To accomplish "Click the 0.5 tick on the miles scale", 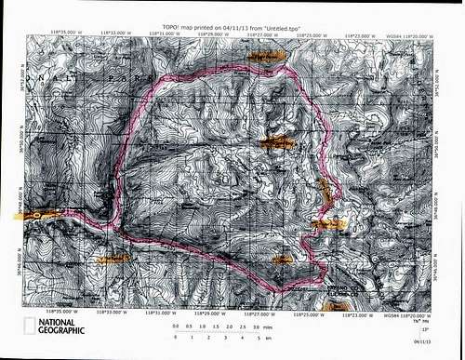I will tap(190, 327).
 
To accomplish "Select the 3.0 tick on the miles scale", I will tap(255, 327).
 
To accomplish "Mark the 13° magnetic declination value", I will tap(427, 330).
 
